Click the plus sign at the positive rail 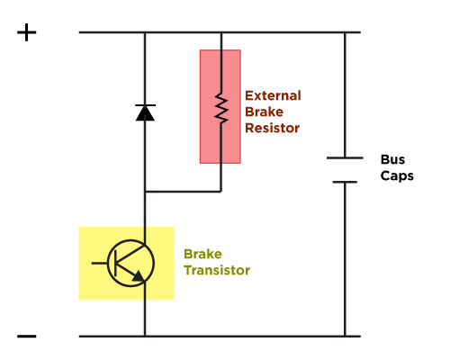pos(27,32)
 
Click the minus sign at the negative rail pos(27,337)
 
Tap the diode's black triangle pos(145,113)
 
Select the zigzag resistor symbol pos(221,108)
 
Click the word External pos(273,95)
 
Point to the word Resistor pos(273,128)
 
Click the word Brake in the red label pos(264,112)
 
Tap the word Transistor pos(217,270)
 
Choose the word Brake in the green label pos(202,254)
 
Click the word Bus pos(392,159)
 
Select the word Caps pos(397,175)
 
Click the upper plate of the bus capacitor pos(345,157)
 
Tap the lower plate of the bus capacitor pos(345,182)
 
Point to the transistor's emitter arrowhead pos(139,276)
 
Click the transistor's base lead pos(100,263)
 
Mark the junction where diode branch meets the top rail pos(145,32)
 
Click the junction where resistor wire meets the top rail pos(221,32)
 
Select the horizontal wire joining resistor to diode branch pos(183,191)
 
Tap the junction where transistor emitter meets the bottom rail pos(145,337)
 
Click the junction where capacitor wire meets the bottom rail pos(345,337)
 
